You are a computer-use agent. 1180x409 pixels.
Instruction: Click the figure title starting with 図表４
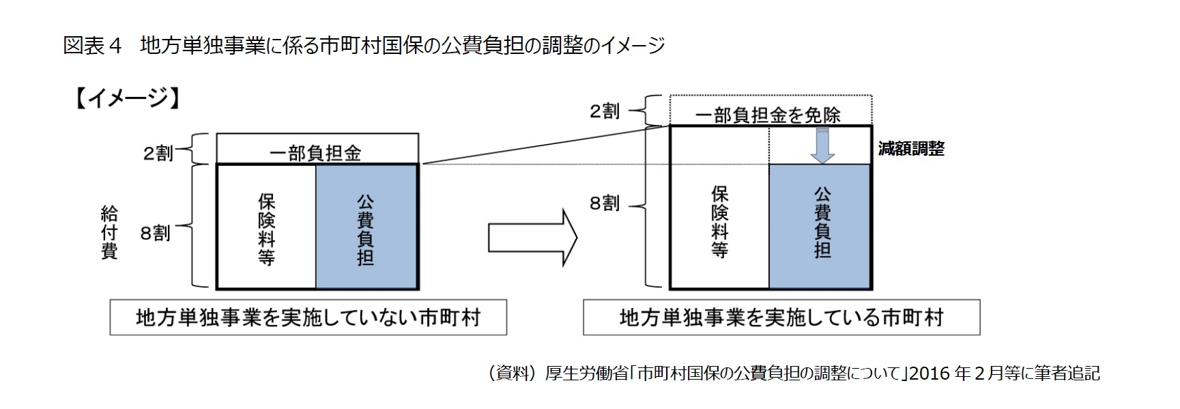click(x=363, y=46)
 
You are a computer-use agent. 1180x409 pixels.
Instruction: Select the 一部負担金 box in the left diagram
click(x=317, y=150)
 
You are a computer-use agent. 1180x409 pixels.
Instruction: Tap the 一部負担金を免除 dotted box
click(x=770, y=112)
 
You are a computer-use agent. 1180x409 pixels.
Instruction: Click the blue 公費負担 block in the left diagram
click(x=366, y=227)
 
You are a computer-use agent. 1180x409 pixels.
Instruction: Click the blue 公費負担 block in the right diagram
click(x=820, y=226)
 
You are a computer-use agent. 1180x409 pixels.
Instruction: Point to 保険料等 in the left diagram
click(x=266, y=227)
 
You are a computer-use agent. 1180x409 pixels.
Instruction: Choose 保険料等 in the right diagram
click(x=719, y=222)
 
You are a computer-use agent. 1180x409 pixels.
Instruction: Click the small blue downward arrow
click(x=822, y=145)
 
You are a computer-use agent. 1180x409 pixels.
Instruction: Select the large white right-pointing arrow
click(x=533, y=238)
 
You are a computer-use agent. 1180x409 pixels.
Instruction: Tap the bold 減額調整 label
click(x=910, y=149)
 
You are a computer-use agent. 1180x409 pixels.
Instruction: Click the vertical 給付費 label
click(x=109, y=233)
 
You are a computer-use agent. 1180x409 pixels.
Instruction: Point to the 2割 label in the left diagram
click(x=158, y=153)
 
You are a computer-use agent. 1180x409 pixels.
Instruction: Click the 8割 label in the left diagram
click(x=155, y=234)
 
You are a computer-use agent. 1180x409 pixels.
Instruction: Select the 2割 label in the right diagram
click(x=604, y=111)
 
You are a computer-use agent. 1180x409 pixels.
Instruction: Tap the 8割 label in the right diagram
click(x=604, y=203)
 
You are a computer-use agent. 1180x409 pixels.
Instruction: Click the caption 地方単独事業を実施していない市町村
click(x=308, y=318)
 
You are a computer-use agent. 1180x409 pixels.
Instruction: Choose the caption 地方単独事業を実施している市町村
click(x=781, y=318)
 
